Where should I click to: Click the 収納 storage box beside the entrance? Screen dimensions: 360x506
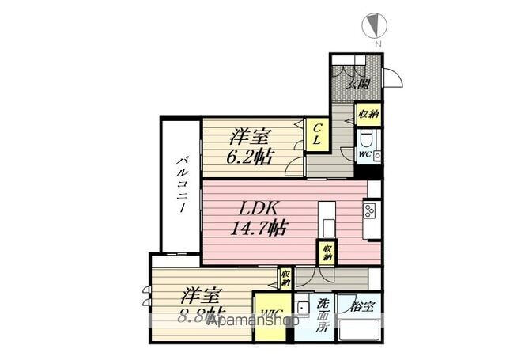(368, 114)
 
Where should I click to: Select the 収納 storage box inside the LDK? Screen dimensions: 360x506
(327, 254)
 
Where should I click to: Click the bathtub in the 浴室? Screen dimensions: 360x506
(360, 332)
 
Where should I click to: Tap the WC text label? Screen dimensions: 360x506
(364, 154)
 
